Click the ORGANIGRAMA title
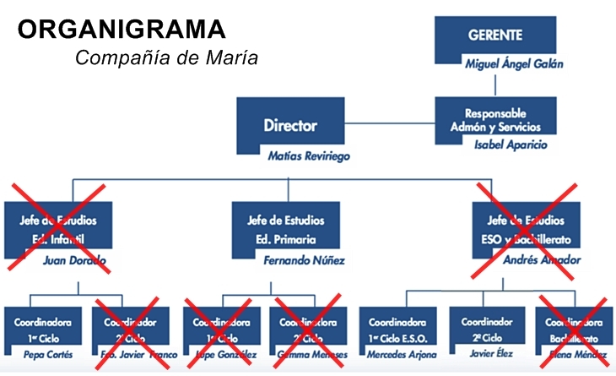pyautogui.click(x=122, y=30)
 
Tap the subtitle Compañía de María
pyautogui.click(x=166, y=59)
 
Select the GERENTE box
pyautogui.click(x=495, y=36)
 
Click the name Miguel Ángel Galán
pyautogui.click(x=513, y=64)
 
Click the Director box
pyautogui.click(x=290, y=126)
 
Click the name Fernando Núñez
pyautogui.click(x=304, y=261)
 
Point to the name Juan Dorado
pyautogui.click(x=74, y=261)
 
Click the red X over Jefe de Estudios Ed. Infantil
pyautogui.click(x=56, y=225)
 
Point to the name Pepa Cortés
pyautogui.click(x=48, y=354)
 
